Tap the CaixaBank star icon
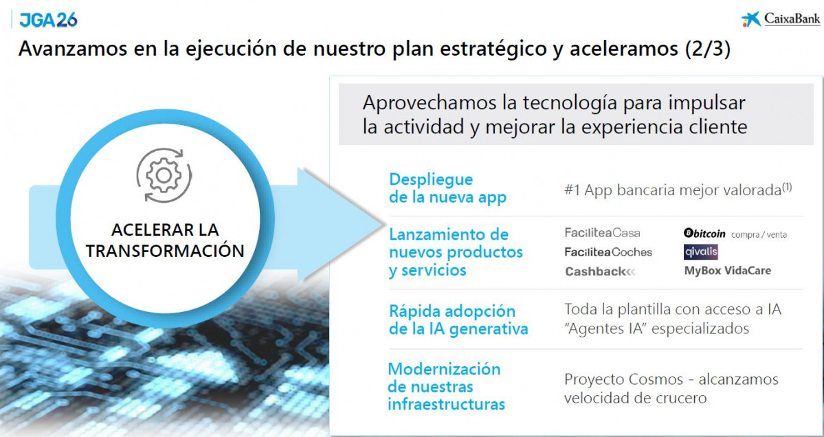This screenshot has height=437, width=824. (751, 20)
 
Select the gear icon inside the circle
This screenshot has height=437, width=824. (163, 176)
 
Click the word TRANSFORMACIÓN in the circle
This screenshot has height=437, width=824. (165, 251)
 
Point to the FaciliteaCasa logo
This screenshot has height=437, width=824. (602, 233)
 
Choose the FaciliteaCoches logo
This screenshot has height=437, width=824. (608, 252)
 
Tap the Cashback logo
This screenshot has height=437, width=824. (600, 271)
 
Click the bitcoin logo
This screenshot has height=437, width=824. (704, 234)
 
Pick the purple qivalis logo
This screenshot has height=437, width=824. (701, 252)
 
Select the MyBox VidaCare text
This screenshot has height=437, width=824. (727, 271)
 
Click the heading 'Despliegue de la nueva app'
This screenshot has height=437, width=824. (447, 188)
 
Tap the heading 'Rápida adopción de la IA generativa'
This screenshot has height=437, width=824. (458, 320)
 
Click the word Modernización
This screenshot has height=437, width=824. (444, 369)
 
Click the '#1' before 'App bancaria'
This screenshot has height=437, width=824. (572, 190)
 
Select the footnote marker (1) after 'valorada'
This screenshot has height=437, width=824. (787, 186)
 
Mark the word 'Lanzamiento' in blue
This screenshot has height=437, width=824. (449, 234)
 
